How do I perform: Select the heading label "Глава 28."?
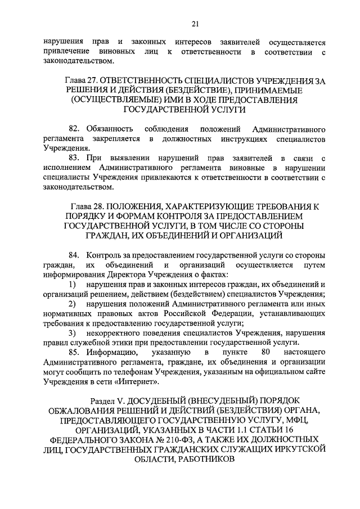[88, 207]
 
